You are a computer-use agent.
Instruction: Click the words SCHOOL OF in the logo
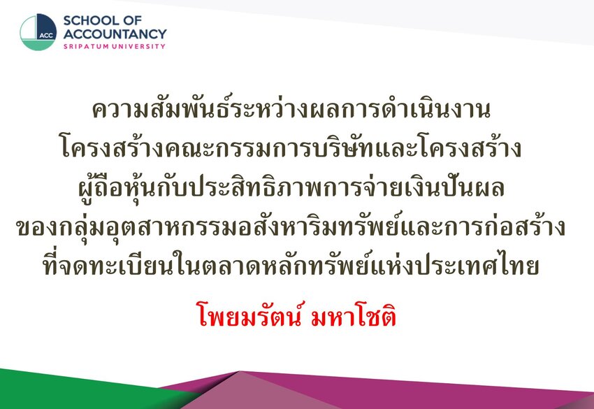coord(102,20)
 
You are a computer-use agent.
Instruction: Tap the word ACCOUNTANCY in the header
coord(115,34)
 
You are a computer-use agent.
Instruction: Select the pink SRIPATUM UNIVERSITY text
coord(115,46)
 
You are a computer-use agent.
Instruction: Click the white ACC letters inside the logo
coord(46,36)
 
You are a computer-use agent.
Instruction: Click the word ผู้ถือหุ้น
coord(117,187)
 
